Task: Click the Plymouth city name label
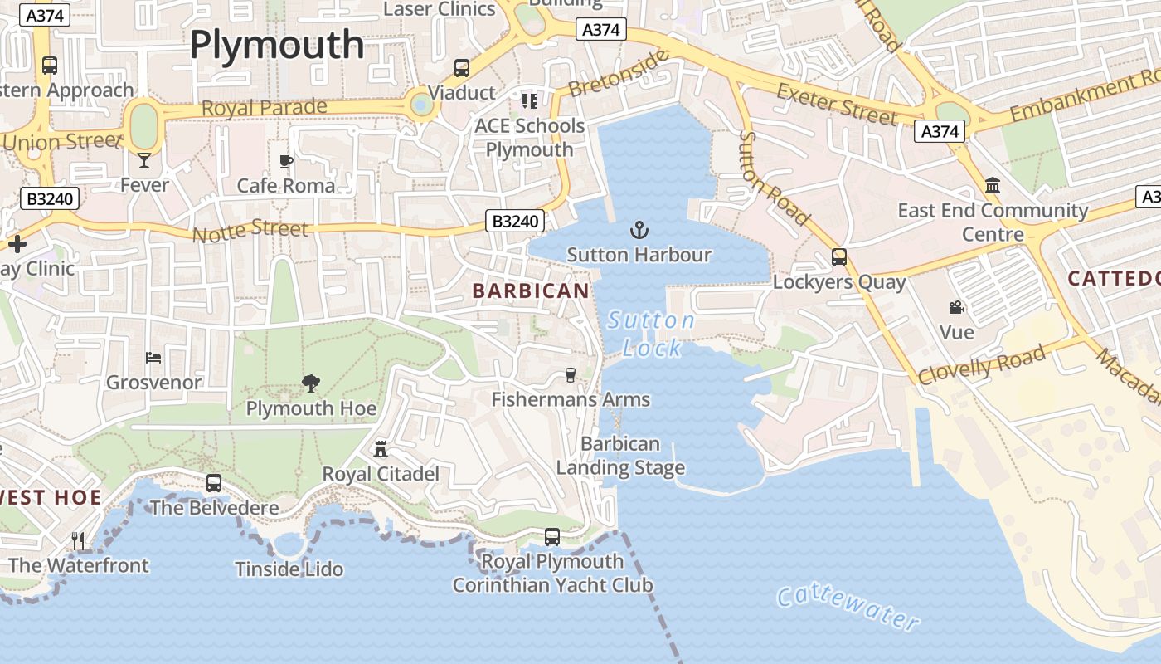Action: (277, 45)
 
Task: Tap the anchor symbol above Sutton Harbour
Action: (639, 229)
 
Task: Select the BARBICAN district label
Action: (531, 290)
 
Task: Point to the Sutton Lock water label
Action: (652, 334)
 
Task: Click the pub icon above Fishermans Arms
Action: (571, 375)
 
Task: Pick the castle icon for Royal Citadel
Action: (381, 449)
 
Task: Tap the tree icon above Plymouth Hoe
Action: (311, 383)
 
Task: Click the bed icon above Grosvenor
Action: (153, 358)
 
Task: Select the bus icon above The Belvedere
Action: (214, 482)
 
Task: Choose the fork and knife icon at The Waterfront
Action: (78, 541)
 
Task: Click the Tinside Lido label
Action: (289, 569)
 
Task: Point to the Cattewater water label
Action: (848, 607)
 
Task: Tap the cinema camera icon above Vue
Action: (957, 308)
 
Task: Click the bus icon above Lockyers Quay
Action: (839, 257)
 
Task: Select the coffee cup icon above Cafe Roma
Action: (286, 161)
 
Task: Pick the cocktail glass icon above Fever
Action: (144, 160)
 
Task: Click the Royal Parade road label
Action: (264, 108)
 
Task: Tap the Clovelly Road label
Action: (982, 364)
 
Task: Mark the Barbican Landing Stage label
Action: (620, 456)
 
